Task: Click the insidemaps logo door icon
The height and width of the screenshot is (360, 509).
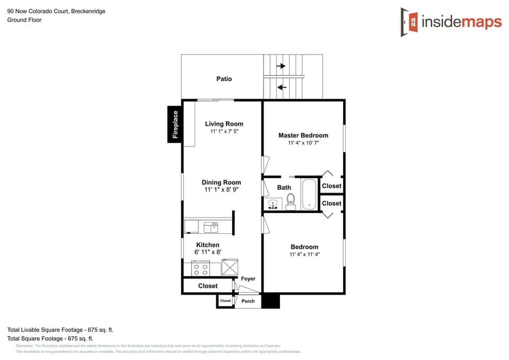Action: [x=410, y=22]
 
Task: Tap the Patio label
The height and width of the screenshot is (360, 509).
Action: [x=224, y=79]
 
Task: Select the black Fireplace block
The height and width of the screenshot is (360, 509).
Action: [x=175, y=125]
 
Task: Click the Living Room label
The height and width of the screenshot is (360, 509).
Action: [x=224, y=124]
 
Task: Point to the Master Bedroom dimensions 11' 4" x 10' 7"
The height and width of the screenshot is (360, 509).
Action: [x=303, y=143]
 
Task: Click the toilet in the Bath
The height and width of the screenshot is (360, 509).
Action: [x=291, y=201]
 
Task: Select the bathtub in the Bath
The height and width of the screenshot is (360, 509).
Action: [x=309, y=195]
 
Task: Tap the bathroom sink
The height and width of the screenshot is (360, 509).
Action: [x=274, y=204]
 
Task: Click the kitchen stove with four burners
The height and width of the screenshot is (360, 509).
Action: [x=201, y=268]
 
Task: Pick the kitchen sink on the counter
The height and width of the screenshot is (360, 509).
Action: [x=211, y=227]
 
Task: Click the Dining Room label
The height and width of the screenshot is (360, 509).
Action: [x=221, y=182]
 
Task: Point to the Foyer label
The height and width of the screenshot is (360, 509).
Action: [x=248, y=279]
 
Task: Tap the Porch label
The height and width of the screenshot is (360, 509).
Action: [x=248, y=301]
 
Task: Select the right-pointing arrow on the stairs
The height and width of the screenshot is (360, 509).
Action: [x=281, y=66]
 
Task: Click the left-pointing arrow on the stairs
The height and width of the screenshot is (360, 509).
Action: [x=282, y=87]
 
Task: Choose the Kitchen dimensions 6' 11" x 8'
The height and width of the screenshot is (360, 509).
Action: [x=207, y=252]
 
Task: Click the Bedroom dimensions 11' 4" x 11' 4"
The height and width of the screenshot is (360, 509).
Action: [x=304, y=254]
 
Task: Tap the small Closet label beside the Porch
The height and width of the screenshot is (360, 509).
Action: [x=225, y=301]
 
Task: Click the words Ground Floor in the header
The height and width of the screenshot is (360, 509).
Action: [x=24, y=20]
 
